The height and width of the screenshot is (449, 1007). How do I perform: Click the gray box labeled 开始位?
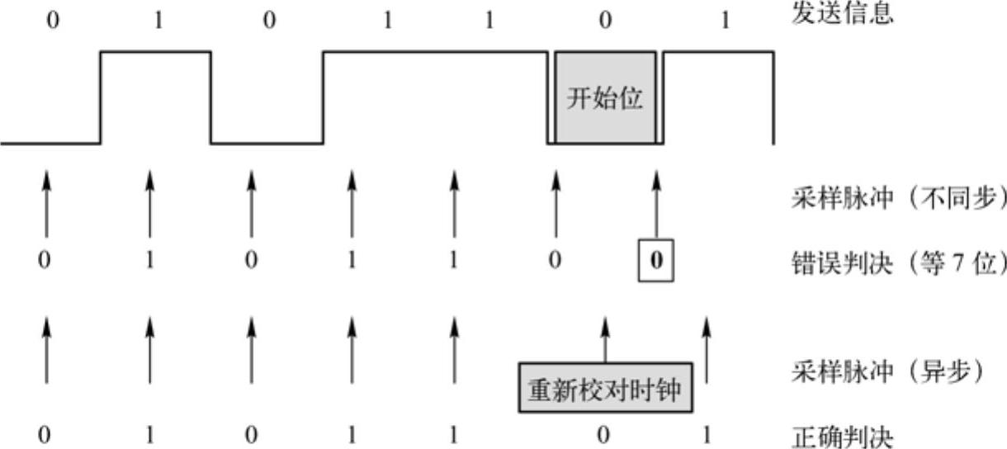pos(605,99)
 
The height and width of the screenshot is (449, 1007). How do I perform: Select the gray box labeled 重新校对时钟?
pos(605,387)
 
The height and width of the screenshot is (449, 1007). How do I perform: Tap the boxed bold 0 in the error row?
pos(656,262)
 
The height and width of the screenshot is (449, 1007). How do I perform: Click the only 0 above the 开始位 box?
pos(605,20)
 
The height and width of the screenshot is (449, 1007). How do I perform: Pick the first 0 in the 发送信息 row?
pos(53,20)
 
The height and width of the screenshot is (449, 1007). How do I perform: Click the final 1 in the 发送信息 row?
pos(725,20)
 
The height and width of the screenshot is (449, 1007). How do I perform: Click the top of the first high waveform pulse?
pos(155,52)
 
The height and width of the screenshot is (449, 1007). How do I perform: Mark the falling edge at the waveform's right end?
pos(773,99)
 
